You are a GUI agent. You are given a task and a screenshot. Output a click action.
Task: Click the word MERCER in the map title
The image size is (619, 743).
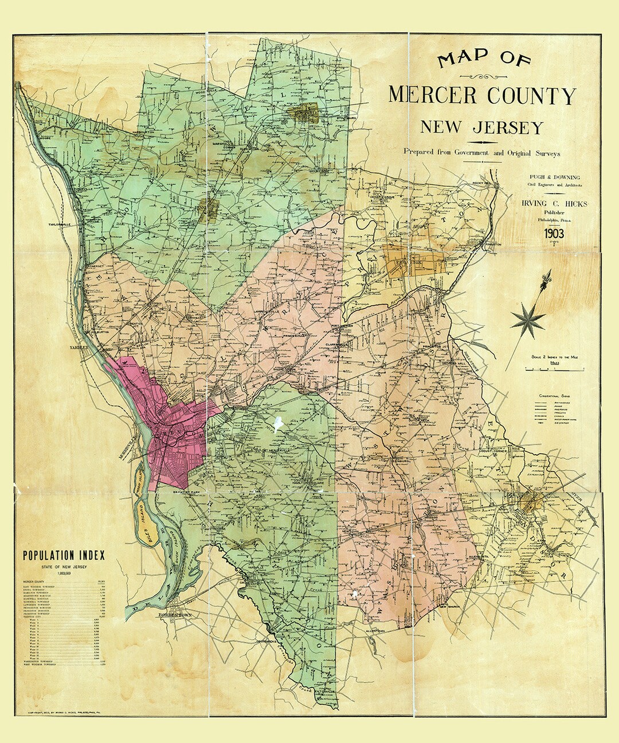click(433, 95)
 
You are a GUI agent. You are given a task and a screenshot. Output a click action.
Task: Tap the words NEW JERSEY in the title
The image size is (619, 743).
click(481, 127)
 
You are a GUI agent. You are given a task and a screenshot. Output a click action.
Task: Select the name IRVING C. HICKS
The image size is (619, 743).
click(551, 204)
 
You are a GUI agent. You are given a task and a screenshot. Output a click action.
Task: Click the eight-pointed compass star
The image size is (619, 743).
click(528, 319)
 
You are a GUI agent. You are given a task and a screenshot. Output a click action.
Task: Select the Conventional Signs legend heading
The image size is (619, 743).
click(555, 396)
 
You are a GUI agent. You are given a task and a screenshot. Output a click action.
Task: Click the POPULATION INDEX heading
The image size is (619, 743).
click(64, 555)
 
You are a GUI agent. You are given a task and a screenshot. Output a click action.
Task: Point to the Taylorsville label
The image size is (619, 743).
click(62, 224)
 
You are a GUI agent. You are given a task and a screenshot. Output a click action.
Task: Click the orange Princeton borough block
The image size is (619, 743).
click(416, 263)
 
